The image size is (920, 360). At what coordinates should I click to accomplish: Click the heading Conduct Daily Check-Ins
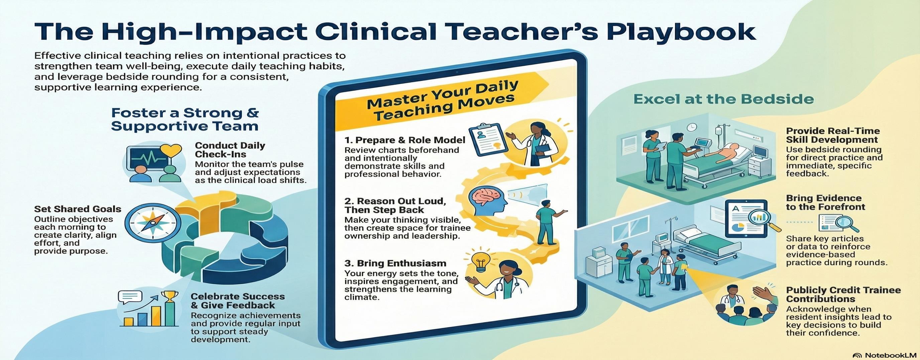(x=230, y=150)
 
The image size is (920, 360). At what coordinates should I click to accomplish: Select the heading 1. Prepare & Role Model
(x=405, y=140)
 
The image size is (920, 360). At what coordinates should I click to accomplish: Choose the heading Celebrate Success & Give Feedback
(x=237, y=301)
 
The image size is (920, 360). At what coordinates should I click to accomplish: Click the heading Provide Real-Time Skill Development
(x=832, y=135)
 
